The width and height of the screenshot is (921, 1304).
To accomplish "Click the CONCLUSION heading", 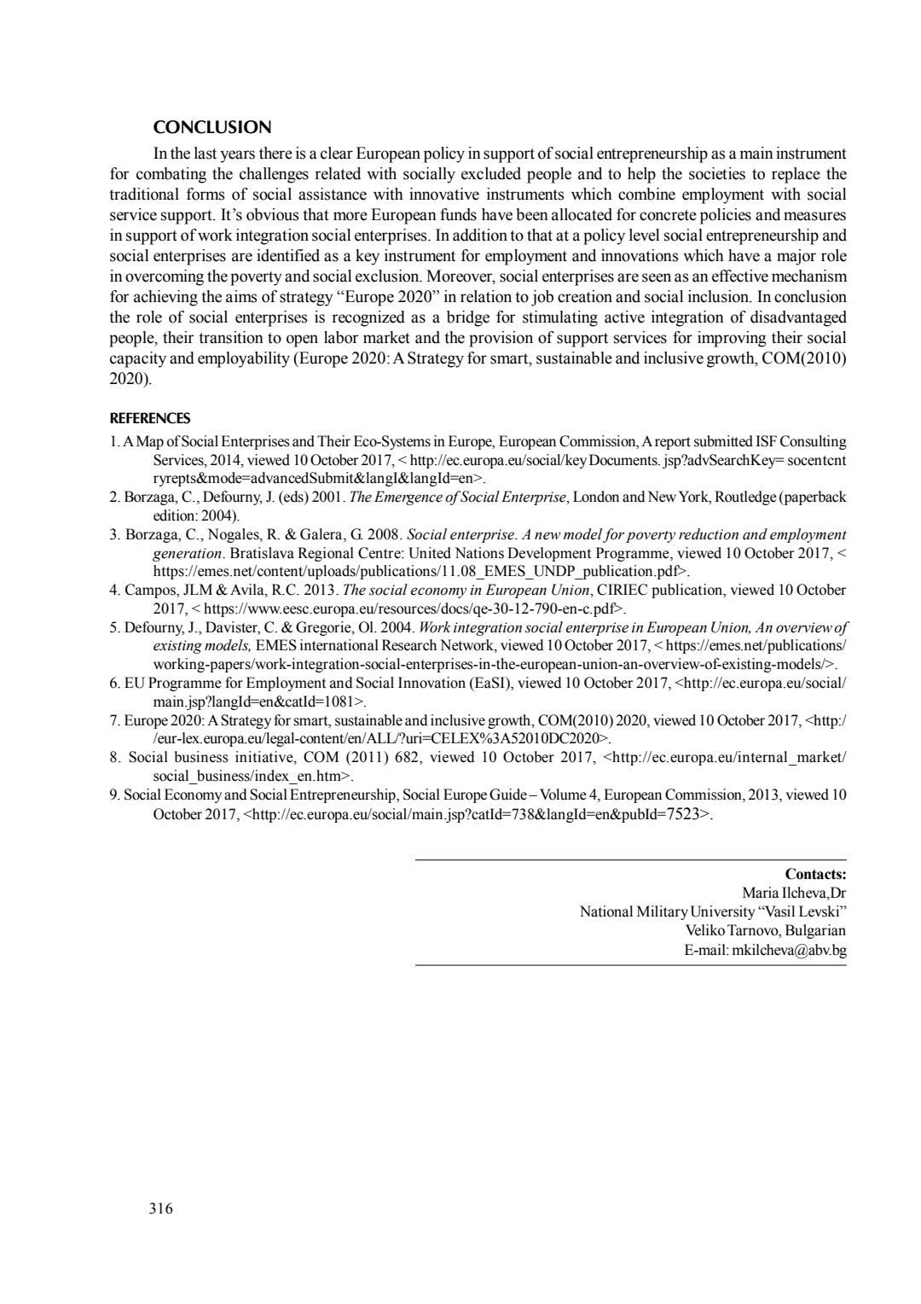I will pyautogui.click(x=212, y=128).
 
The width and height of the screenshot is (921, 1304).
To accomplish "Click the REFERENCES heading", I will pyautogui.click(x=150, y=419).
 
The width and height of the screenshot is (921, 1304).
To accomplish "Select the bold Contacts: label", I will pyautogui.click(x=815, y=874).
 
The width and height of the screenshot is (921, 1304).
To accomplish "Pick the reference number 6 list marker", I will pyautogui.click(x=114, y=684).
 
